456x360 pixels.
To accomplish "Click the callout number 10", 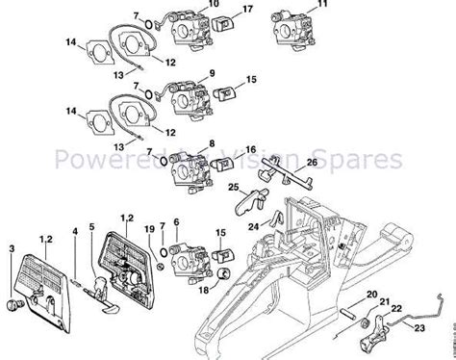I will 215,6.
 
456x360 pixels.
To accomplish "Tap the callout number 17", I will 248,11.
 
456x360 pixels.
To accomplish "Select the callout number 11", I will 321,6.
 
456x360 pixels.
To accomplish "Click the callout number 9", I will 211,72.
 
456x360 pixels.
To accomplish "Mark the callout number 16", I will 249,150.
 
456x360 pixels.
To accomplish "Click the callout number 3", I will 13,248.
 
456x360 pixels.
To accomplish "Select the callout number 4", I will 75,230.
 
